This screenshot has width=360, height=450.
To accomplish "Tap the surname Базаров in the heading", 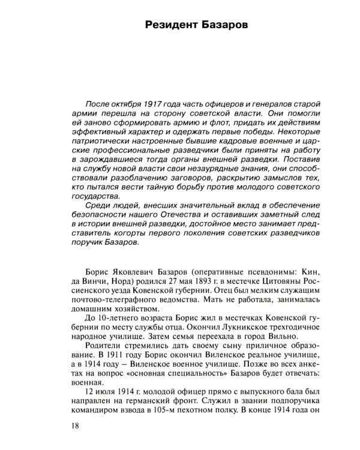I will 224,26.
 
